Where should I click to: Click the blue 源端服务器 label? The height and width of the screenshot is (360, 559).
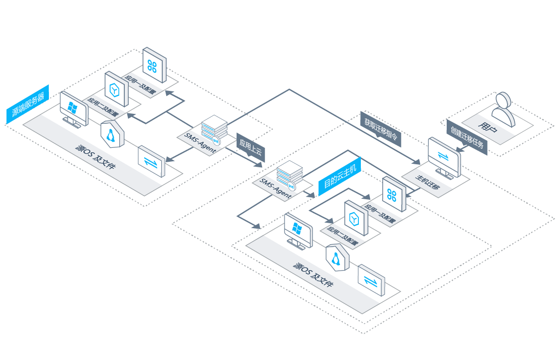(x=27, y=104)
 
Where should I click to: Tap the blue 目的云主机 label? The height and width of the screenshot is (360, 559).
(x=339, y=176)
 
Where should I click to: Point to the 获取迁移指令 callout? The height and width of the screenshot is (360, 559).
(x=381, y=129)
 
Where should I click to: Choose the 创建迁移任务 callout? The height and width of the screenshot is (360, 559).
(x=467, y=137)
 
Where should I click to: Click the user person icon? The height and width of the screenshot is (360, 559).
(x=504, y=109)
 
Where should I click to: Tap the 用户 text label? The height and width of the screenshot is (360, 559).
(x=487, y=127)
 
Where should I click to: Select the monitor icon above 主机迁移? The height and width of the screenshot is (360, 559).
(x=444, y=158)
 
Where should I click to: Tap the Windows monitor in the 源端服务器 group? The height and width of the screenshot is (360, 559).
(x=74, y=109)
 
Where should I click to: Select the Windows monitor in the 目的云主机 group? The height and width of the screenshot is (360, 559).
(x=298, y=231)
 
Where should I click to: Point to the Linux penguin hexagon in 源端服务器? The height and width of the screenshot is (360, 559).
(x=112, y=134)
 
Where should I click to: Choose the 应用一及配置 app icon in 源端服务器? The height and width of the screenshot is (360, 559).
(x=154, y=65)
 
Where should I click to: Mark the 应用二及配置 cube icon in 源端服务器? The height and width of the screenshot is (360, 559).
(x=117, y=89)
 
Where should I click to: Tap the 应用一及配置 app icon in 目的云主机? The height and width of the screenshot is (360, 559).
(x=394, y=194)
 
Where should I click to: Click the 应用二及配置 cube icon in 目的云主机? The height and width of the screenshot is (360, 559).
(x=356, y=218)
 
